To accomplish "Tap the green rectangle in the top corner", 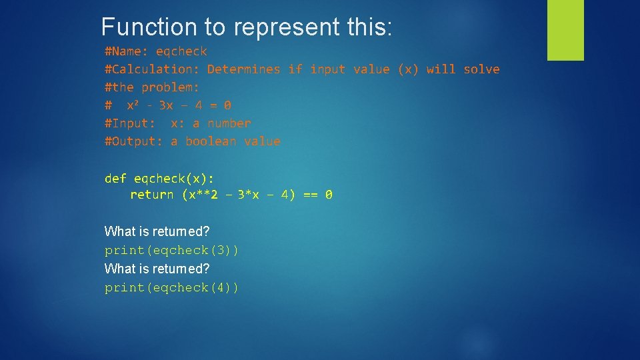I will pyautogui.click(x=565, y=30).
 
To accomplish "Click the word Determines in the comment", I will pyautogui.click(x=243, y=69).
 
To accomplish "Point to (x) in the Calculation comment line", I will pyautogui.click(x=408, y=69).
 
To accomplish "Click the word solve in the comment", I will pyautogui.click(x=481, y=69).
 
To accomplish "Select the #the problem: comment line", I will pyautogui.click(x=152, y=87).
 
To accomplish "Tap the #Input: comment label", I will pyautogui.click(x=130, y=123).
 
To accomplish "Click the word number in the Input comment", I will pyautogui.click(x=229, y=123).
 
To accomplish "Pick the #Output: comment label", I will pyautogui.click(x=133, y=141).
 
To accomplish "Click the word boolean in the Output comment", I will pyautogui.click(x=211, y=141).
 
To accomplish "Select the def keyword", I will pyautogui.click(x=115, y=178).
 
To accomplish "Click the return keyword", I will pyautogui.click(x=152, y=195).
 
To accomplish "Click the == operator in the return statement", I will pyautogui.click(x=310, y=195).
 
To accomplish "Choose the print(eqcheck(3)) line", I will pyautogui.click(x=171, y=251).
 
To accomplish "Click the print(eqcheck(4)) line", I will pyautogui.click(x=171, y=288).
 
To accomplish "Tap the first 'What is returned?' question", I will pyautogui.click(x=157, y=232).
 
